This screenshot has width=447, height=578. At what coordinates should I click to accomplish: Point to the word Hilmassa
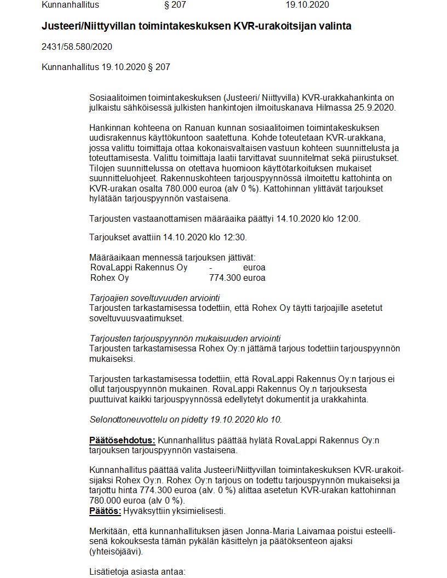coord(347,107)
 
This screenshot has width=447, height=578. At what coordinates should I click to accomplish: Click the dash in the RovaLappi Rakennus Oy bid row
coord(211,268)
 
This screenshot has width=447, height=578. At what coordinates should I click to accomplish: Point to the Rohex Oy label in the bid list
coord(110,278)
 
